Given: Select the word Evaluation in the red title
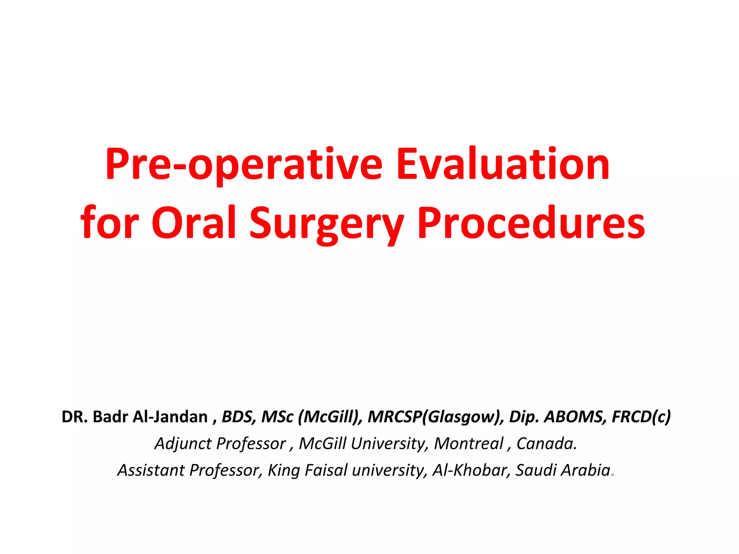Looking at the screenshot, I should click(x=503, y=164).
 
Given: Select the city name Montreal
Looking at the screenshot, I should click(x=468, y=444).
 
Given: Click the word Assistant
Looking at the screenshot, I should click(x=151, y=470).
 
